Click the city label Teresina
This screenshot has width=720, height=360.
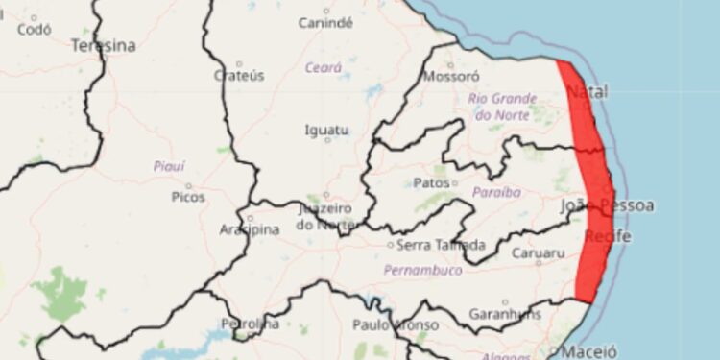pyautogui.click(x=103, y=45)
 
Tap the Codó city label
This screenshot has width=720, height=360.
pyautogui.click(x=34, y=29)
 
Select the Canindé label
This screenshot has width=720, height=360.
pyautogui.click(x=325, y=22)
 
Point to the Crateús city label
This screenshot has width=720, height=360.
pyautogui.click(x=238, y=75)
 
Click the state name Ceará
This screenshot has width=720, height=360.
pyautogui.click(x=324, y=68)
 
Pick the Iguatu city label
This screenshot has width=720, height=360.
pyautogui.click(x=326, y=130)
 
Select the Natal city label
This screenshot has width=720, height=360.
pyautogui.click(x=587, y=93)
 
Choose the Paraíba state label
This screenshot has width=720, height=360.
pyautogui.click(x=496, y=193)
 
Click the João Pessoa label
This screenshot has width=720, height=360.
pyautogui.click(x=607, y=206)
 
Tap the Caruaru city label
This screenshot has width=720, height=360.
pyautogui.click(x=539, y=254)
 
